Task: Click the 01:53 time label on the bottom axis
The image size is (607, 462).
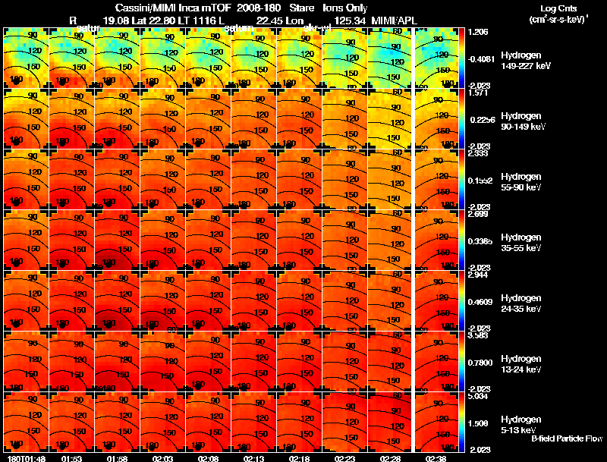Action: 71,458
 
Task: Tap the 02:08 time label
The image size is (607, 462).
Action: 208,458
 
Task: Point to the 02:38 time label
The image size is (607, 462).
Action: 436,458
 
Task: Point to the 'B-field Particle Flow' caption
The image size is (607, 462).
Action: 567,438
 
